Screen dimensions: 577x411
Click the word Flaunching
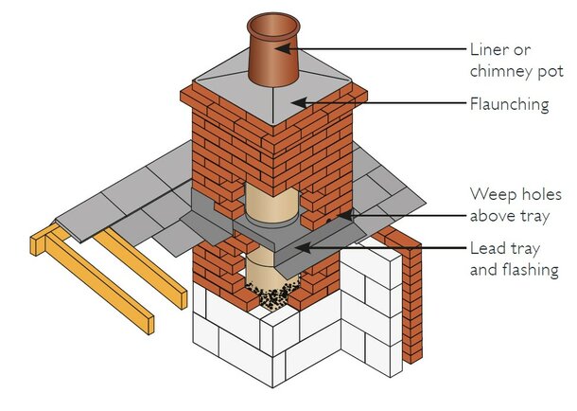(509, 104)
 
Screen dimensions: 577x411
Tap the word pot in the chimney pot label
(551, 72)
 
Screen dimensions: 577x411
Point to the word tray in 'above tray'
(535, 216)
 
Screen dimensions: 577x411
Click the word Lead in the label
(486, 248)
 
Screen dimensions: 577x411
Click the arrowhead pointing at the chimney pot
(283, 48)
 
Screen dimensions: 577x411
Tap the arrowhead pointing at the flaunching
(299, 102)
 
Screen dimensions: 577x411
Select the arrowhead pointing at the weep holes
(344, 216)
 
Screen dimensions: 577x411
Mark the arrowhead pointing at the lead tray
(303, 247)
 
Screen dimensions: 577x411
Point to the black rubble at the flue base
(272, 294)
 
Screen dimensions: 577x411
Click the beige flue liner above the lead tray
(271, 204)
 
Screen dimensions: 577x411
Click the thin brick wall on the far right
(411, 295)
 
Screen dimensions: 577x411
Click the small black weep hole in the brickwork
(328, 221)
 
